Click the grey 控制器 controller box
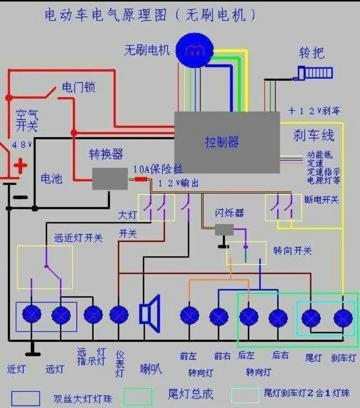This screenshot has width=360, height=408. click(x=226, y=142)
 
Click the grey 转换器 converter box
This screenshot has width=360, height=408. click(x=109, y=178)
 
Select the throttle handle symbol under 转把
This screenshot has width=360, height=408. click(x=315, y=73)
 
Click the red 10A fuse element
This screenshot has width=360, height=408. click(x=140, y=179)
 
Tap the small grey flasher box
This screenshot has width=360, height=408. click(x=224, y=229)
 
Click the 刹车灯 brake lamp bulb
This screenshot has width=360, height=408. click(x=343, y=318)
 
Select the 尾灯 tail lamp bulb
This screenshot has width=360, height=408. click(x=311, y=318)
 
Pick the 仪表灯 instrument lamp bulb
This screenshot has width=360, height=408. click(x=118, y=315)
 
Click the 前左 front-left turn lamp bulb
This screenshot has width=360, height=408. click(x=189, y=316)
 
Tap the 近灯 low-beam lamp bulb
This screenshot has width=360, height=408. click(x=32, y=315)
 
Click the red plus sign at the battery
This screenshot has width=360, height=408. click(x=20, y=166)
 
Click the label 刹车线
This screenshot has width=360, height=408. click(x=314, y=135)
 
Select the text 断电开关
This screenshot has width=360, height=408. click(x=321, y=199)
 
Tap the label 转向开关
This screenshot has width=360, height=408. click(x=292, y=250)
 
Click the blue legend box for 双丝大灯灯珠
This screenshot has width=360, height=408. click(x=25, y=398)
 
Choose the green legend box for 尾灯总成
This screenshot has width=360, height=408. click(x=138, y=397)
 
